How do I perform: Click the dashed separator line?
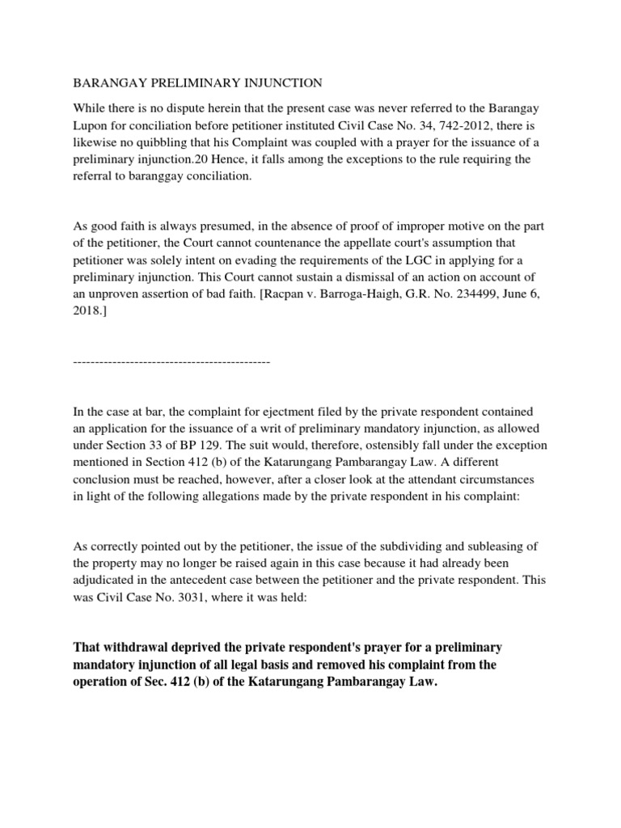coord(171,361)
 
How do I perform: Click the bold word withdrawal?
coord(134,648)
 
